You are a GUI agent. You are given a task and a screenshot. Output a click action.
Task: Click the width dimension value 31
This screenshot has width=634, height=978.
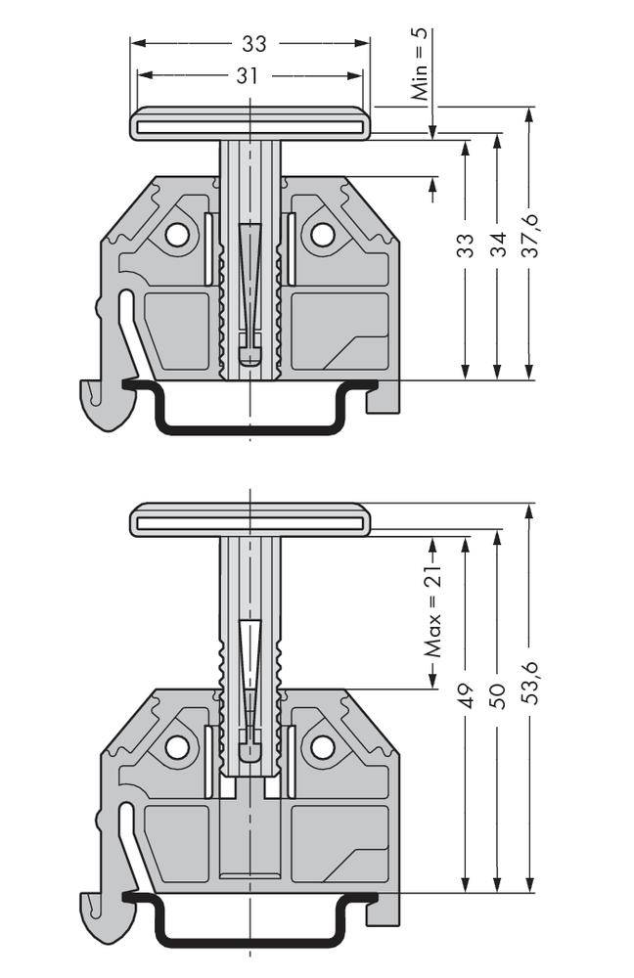(x=247, y=75)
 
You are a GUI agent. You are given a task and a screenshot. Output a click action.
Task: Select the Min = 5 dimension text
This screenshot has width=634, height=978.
(x=420, y=66)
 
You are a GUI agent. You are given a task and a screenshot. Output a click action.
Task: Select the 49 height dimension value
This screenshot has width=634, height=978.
(x=466, y=695)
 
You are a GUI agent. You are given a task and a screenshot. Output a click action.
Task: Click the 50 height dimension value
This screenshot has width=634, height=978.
(x=498, y=695)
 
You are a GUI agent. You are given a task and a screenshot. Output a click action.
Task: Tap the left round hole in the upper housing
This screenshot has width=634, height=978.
(x=177, y=235)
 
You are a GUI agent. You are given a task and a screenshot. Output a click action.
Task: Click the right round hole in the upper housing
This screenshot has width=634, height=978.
(x=322, y=235)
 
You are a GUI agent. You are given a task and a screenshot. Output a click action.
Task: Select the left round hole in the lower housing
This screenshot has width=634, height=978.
(x=177, y=747)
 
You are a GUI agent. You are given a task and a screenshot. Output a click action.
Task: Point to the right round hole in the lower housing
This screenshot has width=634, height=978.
(x=322, y=747)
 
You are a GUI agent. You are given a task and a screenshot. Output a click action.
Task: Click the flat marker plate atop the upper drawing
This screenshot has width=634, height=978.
(x=249, y=125)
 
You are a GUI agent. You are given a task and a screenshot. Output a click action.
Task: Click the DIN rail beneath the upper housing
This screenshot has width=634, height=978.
(x=249, y=426)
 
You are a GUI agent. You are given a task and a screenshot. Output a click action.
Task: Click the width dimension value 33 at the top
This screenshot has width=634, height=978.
(x=253, y=44)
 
